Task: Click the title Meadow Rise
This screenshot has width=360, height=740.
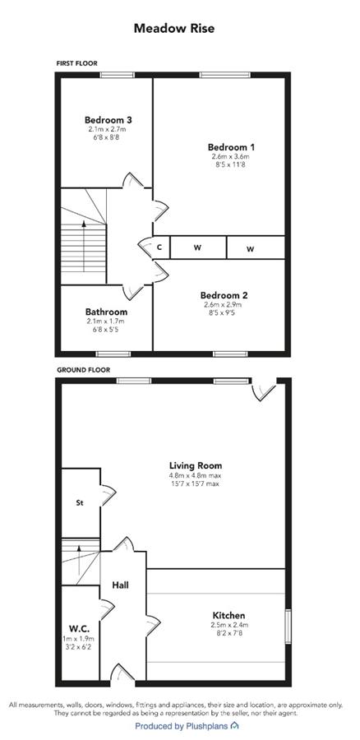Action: click(174, 28)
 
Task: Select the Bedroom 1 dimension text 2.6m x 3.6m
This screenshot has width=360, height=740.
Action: click(230, 156)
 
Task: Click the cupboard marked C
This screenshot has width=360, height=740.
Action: click(160, 247)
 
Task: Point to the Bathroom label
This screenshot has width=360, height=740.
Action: click(106, 312)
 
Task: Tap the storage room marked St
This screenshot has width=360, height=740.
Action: click(81, 503)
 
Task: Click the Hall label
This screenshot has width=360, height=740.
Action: click(120, 585)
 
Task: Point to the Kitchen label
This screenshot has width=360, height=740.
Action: click(228, 615)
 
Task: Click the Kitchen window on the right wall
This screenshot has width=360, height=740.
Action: click(288, 627)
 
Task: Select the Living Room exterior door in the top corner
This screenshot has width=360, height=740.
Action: click(263, 390)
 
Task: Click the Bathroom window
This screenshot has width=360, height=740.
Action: click(113, 354)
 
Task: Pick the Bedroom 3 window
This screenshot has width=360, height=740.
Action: click(117, 75)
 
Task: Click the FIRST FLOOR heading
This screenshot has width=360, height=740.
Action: click(76, 62)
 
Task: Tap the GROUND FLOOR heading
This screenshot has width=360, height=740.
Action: click(84, 370)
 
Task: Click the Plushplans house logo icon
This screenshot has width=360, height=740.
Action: click(234, 725)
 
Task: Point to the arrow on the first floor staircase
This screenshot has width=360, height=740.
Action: click(84, 245)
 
